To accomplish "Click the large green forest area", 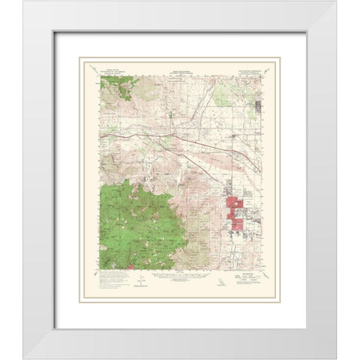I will [139, 225].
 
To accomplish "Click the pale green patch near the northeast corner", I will [225, 94].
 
